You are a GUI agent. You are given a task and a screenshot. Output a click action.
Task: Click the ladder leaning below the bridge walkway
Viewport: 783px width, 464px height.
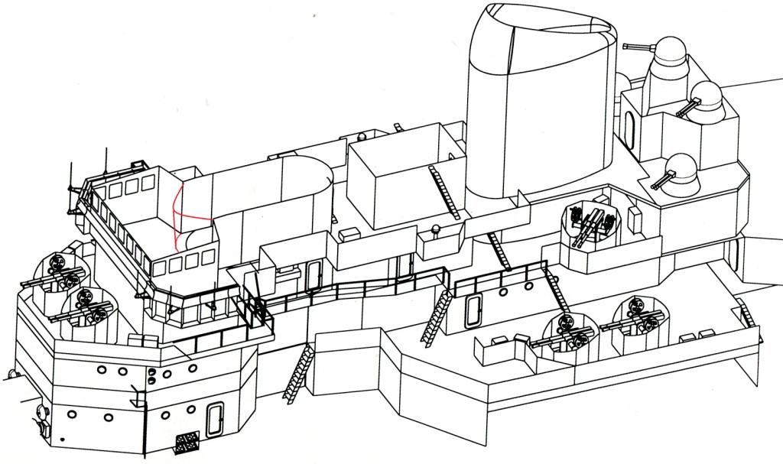[297, 372]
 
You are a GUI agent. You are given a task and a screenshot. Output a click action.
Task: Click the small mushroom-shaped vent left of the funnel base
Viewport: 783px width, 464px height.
[437, 229]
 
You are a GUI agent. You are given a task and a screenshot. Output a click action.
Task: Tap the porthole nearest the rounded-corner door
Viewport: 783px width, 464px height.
[501, 292]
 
